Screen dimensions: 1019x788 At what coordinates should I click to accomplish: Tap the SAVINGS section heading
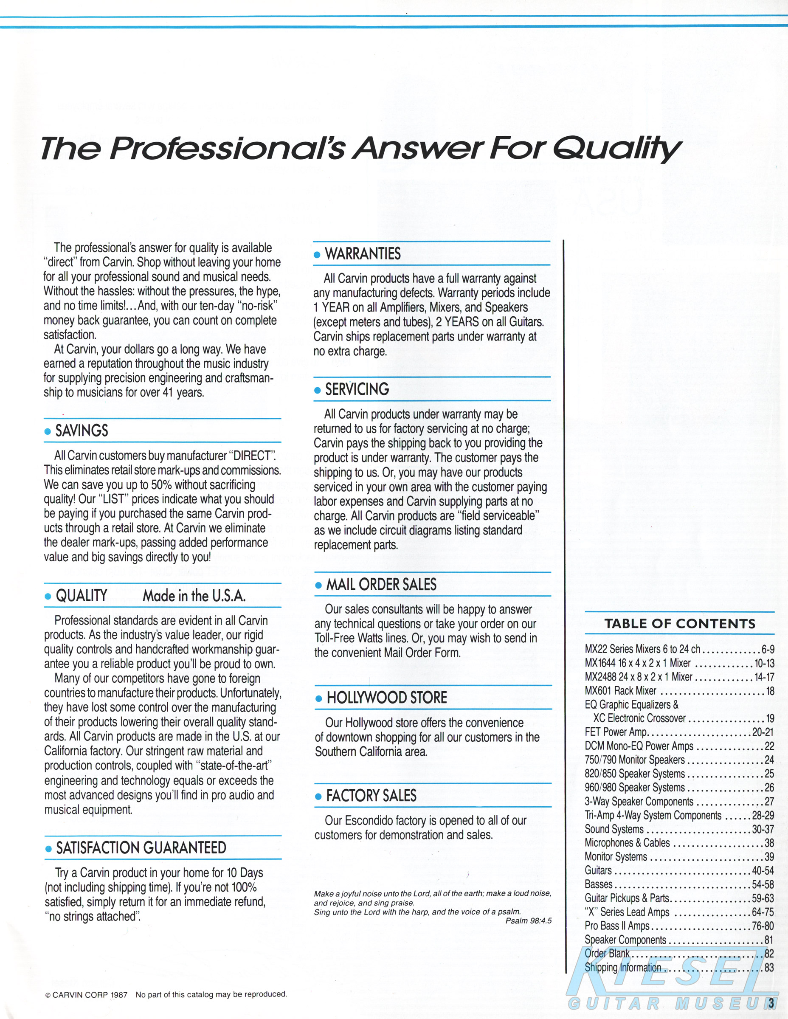tap(82, 431)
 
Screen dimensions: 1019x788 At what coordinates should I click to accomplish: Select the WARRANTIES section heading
tap(363, 254)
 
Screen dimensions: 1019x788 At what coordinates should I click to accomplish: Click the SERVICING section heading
tap(357, 389)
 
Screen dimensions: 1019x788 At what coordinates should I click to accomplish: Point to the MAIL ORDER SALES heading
tap(381, 585)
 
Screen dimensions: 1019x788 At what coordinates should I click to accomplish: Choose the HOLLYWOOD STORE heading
tap(387, 698)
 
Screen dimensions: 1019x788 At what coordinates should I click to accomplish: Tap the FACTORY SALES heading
tap(371, 796)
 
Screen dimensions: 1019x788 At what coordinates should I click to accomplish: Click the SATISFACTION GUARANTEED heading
tap(141, 848)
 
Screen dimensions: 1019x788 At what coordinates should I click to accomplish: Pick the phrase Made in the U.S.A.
tap(194, 596)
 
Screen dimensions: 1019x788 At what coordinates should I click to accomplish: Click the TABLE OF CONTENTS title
tap(680, 624)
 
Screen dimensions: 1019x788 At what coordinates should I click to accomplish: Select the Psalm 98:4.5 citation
tap(528, 920)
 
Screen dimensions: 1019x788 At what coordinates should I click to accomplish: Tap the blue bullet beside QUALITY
tap(48, 597)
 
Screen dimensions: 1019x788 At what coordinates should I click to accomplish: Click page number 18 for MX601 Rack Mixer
tap(769, 691)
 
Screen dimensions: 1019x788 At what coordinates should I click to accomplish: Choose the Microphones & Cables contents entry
tap(627, 843)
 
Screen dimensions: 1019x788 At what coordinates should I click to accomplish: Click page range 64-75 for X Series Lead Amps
tap(763, 912)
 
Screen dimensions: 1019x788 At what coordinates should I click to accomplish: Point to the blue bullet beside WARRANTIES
tap(317, 255)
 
